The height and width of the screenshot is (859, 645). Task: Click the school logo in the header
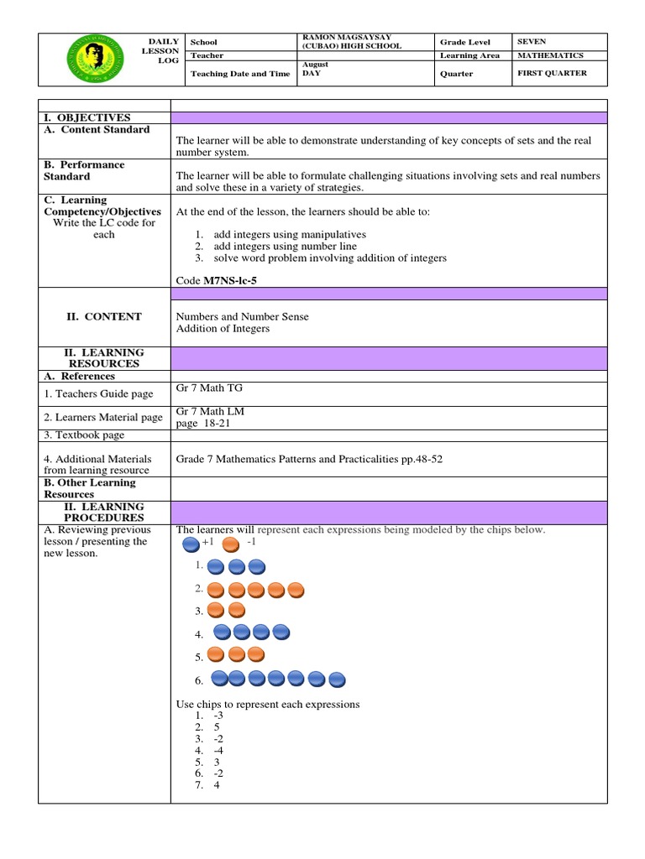click(93, 60)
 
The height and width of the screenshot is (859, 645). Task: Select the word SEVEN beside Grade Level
click(532, 42)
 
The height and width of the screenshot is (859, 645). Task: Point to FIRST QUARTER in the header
click(552, 74)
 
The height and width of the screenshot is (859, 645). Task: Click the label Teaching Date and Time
click(240, 74)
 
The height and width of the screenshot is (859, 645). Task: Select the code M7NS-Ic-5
click(230, 281)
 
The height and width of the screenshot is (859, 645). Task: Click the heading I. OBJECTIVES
click(87, 117)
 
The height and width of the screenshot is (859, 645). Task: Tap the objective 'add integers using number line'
click(285, 247)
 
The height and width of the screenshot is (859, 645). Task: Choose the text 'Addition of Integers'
click(223, 329)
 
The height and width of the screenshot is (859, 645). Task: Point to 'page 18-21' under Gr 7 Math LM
click(202, 424)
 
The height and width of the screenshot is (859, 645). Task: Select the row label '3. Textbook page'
click(84, 435)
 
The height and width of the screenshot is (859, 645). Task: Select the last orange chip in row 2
click(296, 590)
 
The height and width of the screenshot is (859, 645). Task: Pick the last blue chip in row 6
click(338, 679)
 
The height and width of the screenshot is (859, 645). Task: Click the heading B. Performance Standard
click(84, 171)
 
